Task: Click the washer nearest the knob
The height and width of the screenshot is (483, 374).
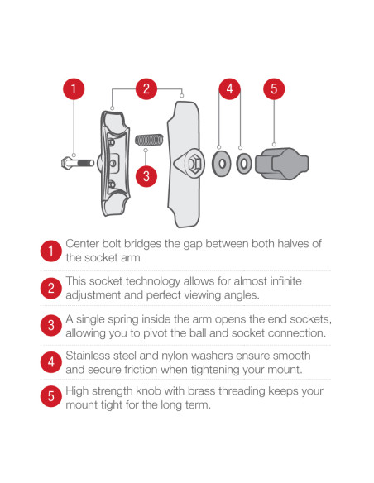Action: (243, 163)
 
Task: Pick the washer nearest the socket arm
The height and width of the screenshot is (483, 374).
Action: (220, 163)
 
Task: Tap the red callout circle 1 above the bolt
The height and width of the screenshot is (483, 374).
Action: (74, 88)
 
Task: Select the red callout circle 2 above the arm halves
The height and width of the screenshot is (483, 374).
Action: (146, 88)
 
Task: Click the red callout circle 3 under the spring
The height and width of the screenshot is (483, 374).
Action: (146, 175)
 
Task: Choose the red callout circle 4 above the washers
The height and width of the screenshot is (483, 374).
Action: (230, 88)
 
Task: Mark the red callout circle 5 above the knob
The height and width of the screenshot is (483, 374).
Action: (274, 88)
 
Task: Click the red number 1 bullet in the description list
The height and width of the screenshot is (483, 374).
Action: (50, 251)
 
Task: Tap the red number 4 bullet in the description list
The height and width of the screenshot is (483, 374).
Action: (50, 361)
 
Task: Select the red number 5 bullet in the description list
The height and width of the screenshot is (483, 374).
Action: (50, 397)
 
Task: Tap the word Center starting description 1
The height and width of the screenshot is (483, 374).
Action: (84, 244)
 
